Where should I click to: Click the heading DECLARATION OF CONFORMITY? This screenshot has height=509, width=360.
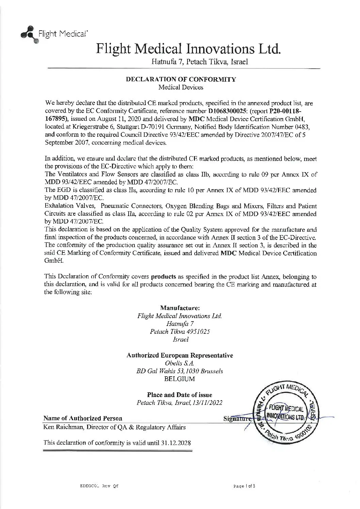click(181, 80)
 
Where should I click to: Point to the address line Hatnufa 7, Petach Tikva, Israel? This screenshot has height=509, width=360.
click(199, 62)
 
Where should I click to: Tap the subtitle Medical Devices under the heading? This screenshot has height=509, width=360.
click(181, 87)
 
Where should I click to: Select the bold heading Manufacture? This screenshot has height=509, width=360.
click(180, 308)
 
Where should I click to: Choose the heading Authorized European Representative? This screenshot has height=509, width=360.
click(180, 356)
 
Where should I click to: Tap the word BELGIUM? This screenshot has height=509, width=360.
click(180, 379)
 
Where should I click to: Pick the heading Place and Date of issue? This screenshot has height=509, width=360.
click(180, 395)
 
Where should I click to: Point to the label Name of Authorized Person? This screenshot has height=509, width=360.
click(83, 418)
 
